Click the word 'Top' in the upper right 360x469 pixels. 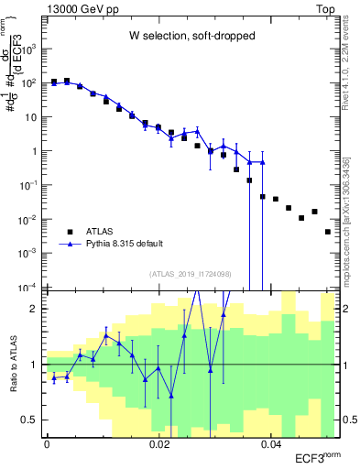click(x=324, y=7)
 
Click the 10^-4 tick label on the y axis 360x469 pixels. click(x=32, y=289)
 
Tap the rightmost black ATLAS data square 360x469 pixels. click(x=328, y=232)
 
